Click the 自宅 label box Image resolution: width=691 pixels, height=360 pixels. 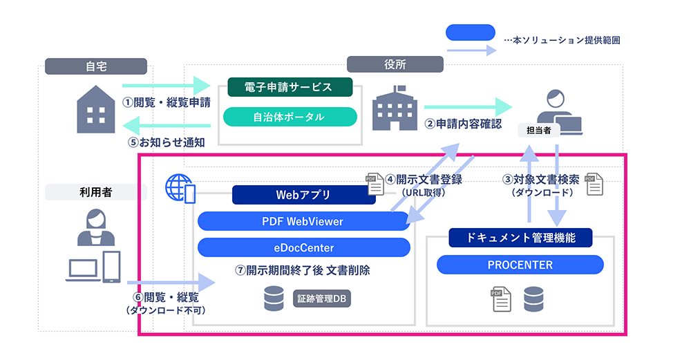96,66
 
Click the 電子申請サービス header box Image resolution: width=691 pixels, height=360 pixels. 290,87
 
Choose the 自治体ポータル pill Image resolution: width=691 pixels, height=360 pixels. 290,117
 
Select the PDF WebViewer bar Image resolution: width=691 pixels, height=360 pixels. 303,222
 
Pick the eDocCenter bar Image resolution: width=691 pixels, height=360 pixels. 303,247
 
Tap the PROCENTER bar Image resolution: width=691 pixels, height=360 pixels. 520,265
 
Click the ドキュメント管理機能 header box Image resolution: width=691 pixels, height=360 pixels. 520,238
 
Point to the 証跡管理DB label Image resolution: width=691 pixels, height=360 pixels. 321,299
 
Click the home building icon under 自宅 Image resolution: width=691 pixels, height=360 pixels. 95,108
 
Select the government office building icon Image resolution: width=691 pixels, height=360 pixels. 395,110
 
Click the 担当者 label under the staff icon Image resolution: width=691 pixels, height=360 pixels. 538,130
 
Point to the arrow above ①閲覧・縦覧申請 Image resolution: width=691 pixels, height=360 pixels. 166,86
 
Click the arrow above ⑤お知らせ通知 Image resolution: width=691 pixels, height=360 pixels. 166,126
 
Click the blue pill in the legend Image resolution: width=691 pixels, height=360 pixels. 471,32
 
